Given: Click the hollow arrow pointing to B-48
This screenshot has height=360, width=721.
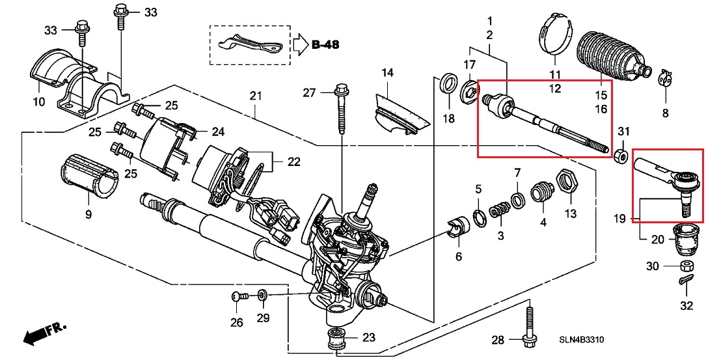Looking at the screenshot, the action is (300, 45).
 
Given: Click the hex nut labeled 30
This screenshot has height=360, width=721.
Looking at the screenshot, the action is (687, 266).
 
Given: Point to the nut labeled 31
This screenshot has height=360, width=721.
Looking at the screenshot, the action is (621, 156).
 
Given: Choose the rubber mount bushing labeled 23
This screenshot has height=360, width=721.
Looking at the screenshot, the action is (336, 339).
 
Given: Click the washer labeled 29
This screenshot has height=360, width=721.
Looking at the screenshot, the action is (262, 294).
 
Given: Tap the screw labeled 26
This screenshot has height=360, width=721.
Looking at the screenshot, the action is (239, 297).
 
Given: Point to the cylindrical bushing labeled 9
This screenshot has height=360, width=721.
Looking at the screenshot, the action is (88, 177).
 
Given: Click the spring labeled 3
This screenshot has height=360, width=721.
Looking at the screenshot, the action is (499, 211).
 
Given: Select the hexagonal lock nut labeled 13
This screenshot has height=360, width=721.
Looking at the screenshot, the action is (567, 182).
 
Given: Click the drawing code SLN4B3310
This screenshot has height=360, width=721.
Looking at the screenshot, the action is (581, 340).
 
